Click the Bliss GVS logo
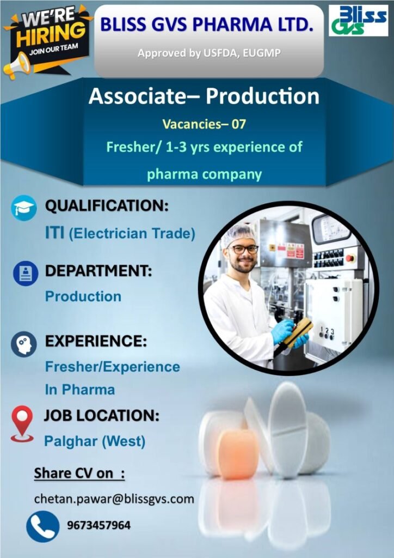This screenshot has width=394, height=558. (x=358, y=20)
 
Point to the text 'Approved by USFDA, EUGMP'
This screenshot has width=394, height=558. (x=209, y=53)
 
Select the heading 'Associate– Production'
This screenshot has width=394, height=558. (x=204, y=96)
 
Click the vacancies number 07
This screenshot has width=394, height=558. (x=239, y=124)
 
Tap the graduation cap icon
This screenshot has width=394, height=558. (x=24, y=208)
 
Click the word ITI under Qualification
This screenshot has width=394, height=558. (x=55, y=233)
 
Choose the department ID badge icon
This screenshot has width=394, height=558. (x=26, y=274)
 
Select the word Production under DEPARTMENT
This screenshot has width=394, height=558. (x=83, y=296)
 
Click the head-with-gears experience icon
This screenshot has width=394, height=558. (x=24, y=344)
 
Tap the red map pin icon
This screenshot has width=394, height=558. (x=22, y=423)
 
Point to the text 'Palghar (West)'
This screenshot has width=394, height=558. (x=95, y=441)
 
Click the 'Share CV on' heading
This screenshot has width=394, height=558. (x=79, y=474)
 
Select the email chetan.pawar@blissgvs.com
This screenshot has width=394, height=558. (x=114, y=499)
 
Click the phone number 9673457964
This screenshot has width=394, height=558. (x=98, y=525)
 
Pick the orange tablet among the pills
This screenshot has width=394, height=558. (x=238, y=454)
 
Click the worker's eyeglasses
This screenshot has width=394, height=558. (x=244, y=250)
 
